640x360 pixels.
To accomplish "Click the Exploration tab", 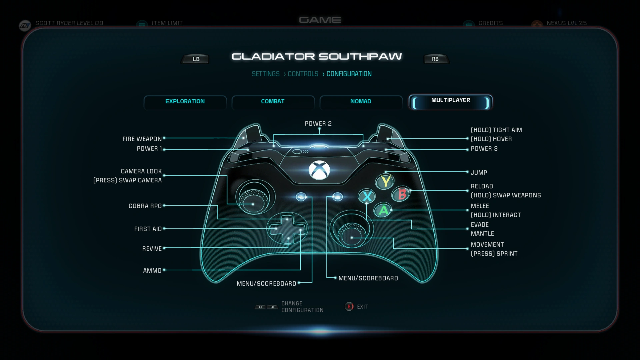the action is pyautogui.click(x=185, y=102).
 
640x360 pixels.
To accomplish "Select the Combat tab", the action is pyautogui.click(x=273, y=102).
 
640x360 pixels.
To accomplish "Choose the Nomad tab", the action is pyautogui.click(x=361, y=102).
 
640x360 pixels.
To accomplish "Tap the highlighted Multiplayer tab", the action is pyautogui.click(x=450, y=101).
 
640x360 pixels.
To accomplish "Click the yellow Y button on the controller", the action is pyautogui.click(x=385, y=182).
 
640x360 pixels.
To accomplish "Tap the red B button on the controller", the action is pyautogui.click(x=402, y=194).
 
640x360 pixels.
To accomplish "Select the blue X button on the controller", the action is pyautogui.click(x=367, y=196).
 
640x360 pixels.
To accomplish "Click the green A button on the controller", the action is pyautogui.click(x=383, y=210).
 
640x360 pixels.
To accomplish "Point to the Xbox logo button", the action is pyautogui.click(x=319, y=170).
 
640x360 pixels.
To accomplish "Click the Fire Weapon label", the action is pyautogui.click(x=142, y=139).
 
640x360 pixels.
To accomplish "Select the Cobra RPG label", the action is pyautogui.click(x=145, y=206).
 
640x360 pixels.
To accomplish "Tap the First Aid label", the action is pyautogui.click(x=148, y=229).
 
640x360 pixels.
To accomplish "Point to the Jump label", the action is pyautogui.click(x=479, y=173).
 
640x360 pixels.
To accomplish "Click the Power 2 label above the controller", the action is pyautogui.click(x=318, y=124).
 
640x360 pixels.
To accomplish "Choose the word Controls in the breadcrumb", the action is pyautogui.click(x=303, y=74).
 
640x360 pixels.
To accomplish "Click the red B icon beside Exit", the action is pyautogui.click(x=349, y=307).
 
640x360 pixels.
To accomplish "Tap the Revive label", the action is pyautogui.click(x=152, y=249).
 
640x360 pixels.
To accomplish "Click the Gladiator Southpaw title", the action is pyautogui.click(x=317, y=57).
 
